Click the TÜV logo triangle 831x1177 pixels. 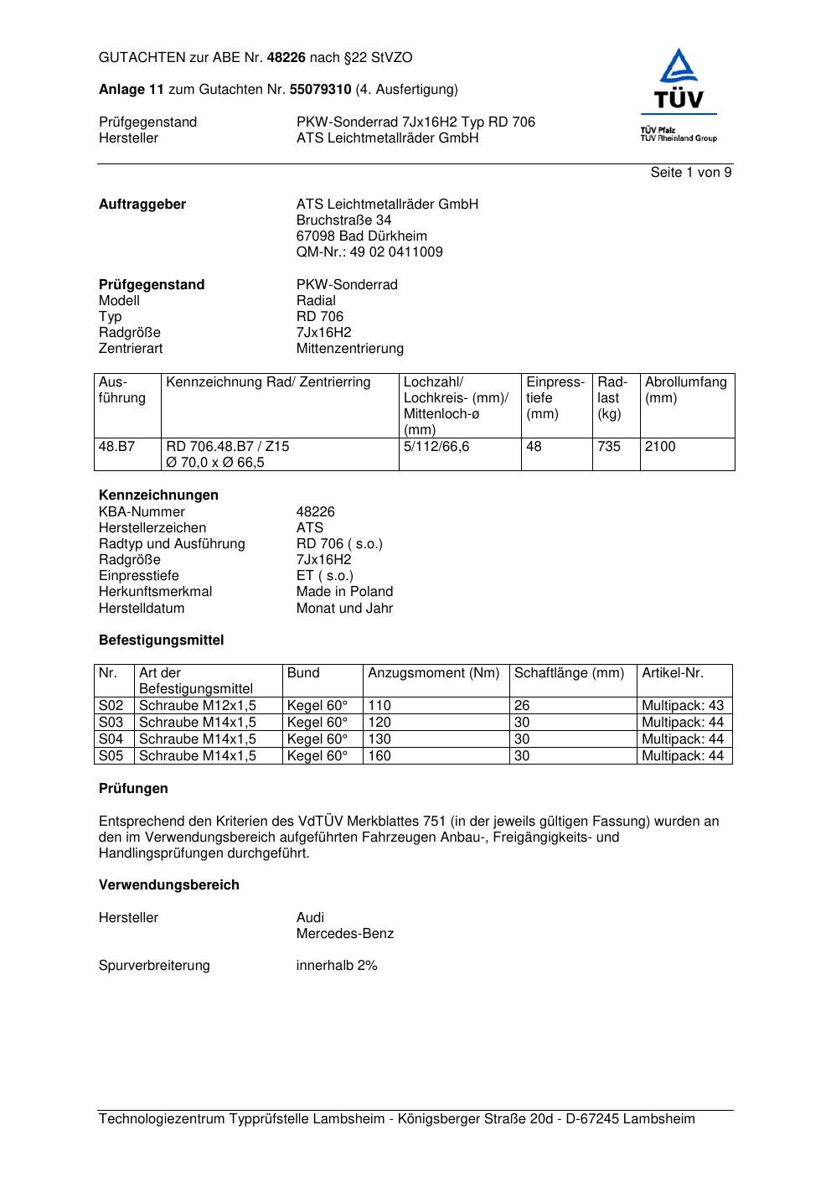pyautogui.click(x=678, y=67)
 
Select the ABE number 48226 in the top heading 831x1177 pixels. pyautogui.click(x=286, y=58)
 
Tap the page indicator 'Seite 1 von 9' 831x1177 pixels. pyautogui.click(x=690, y=173)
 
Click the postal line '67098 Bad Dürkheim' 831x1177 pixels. pyautogui.click(x=361, y=236)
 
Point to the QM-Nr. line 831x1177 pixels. pyautogui.click(x=369, y=252)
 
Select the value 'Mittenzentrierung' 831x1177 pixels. pyautogui.click(x=349, y=349)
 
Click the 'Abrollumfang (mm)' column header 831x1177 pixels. pyautogui.click(x=685, y=390)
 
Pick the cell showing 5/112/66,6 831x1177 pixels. pyautogui.click(x=436, y=447)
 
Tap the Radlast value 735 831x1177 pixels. pyautogui.click(x=609, y=447)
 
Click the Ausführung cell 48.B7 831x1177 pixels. pyautogui.click(x=116, y=447)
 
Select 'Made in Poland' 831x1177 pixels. pyautogui.click(x=344, y=592)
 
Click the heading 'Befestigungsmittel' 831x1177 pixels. pyautogui.click(x=161, y=640)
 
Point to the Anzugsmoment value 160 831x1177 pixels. pyautogui.click(x=379, y=756)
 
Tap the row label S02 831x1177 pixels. pyautogui.click(x=111, y=706)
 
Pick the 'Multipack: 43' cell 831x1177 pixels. pyautogui.click(x=682, y=706)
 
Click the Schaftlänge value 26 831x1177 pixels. pyautogui.click(x=522, y=706)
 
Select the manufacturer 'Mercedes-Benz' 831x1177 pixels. pyautogui.click(x=344, y=934)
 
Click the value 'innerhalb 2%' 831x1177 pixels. pyautogui.click(x=337, y=966)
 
